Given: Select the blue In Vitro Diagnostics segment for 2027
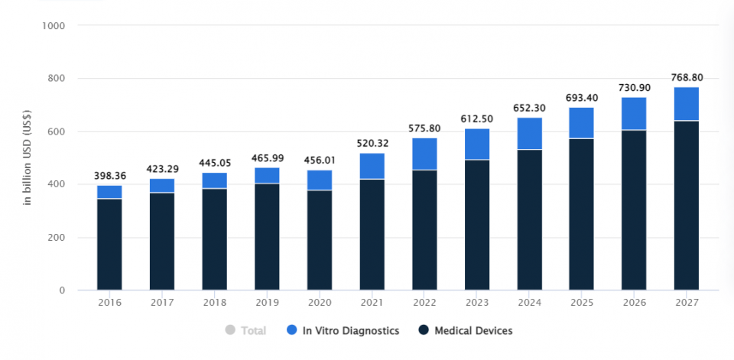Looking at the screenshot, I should [x=686, y=104].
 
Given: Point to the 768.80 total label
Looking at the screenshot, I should [x=686, y=76].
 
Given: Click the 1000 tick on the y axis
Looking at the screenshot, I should [x=54, y=26].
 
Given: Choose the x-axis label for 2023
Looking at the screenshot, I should [x=476, y=302].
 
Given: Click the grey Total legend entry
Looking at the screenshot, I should [x=246, y=331].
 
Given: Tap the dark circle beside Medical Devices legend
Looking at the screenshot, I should [x=423, y=331].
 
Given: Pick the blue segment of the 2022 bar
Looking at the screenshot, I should [x=424, y=154].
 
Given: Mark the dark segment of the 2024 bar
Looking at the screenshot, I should [x=529, y=219].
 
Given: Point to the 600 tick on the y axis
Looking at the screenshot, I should [x=57, y=131].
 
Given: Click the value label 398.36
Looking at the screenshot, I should [x=109, y=175].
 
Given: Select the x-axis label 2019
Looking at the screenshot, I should [x=267, y=302].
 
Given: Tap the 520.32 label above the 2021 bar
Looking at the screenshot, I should [x=372, y=143].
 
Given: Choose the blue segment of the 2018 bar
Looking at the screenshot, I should [x=214, y=180].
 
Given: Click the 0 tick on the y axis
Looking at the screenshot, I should [x=61, y=290].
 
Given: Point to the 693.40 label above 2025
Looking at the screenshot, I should [x=581, y=97].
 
